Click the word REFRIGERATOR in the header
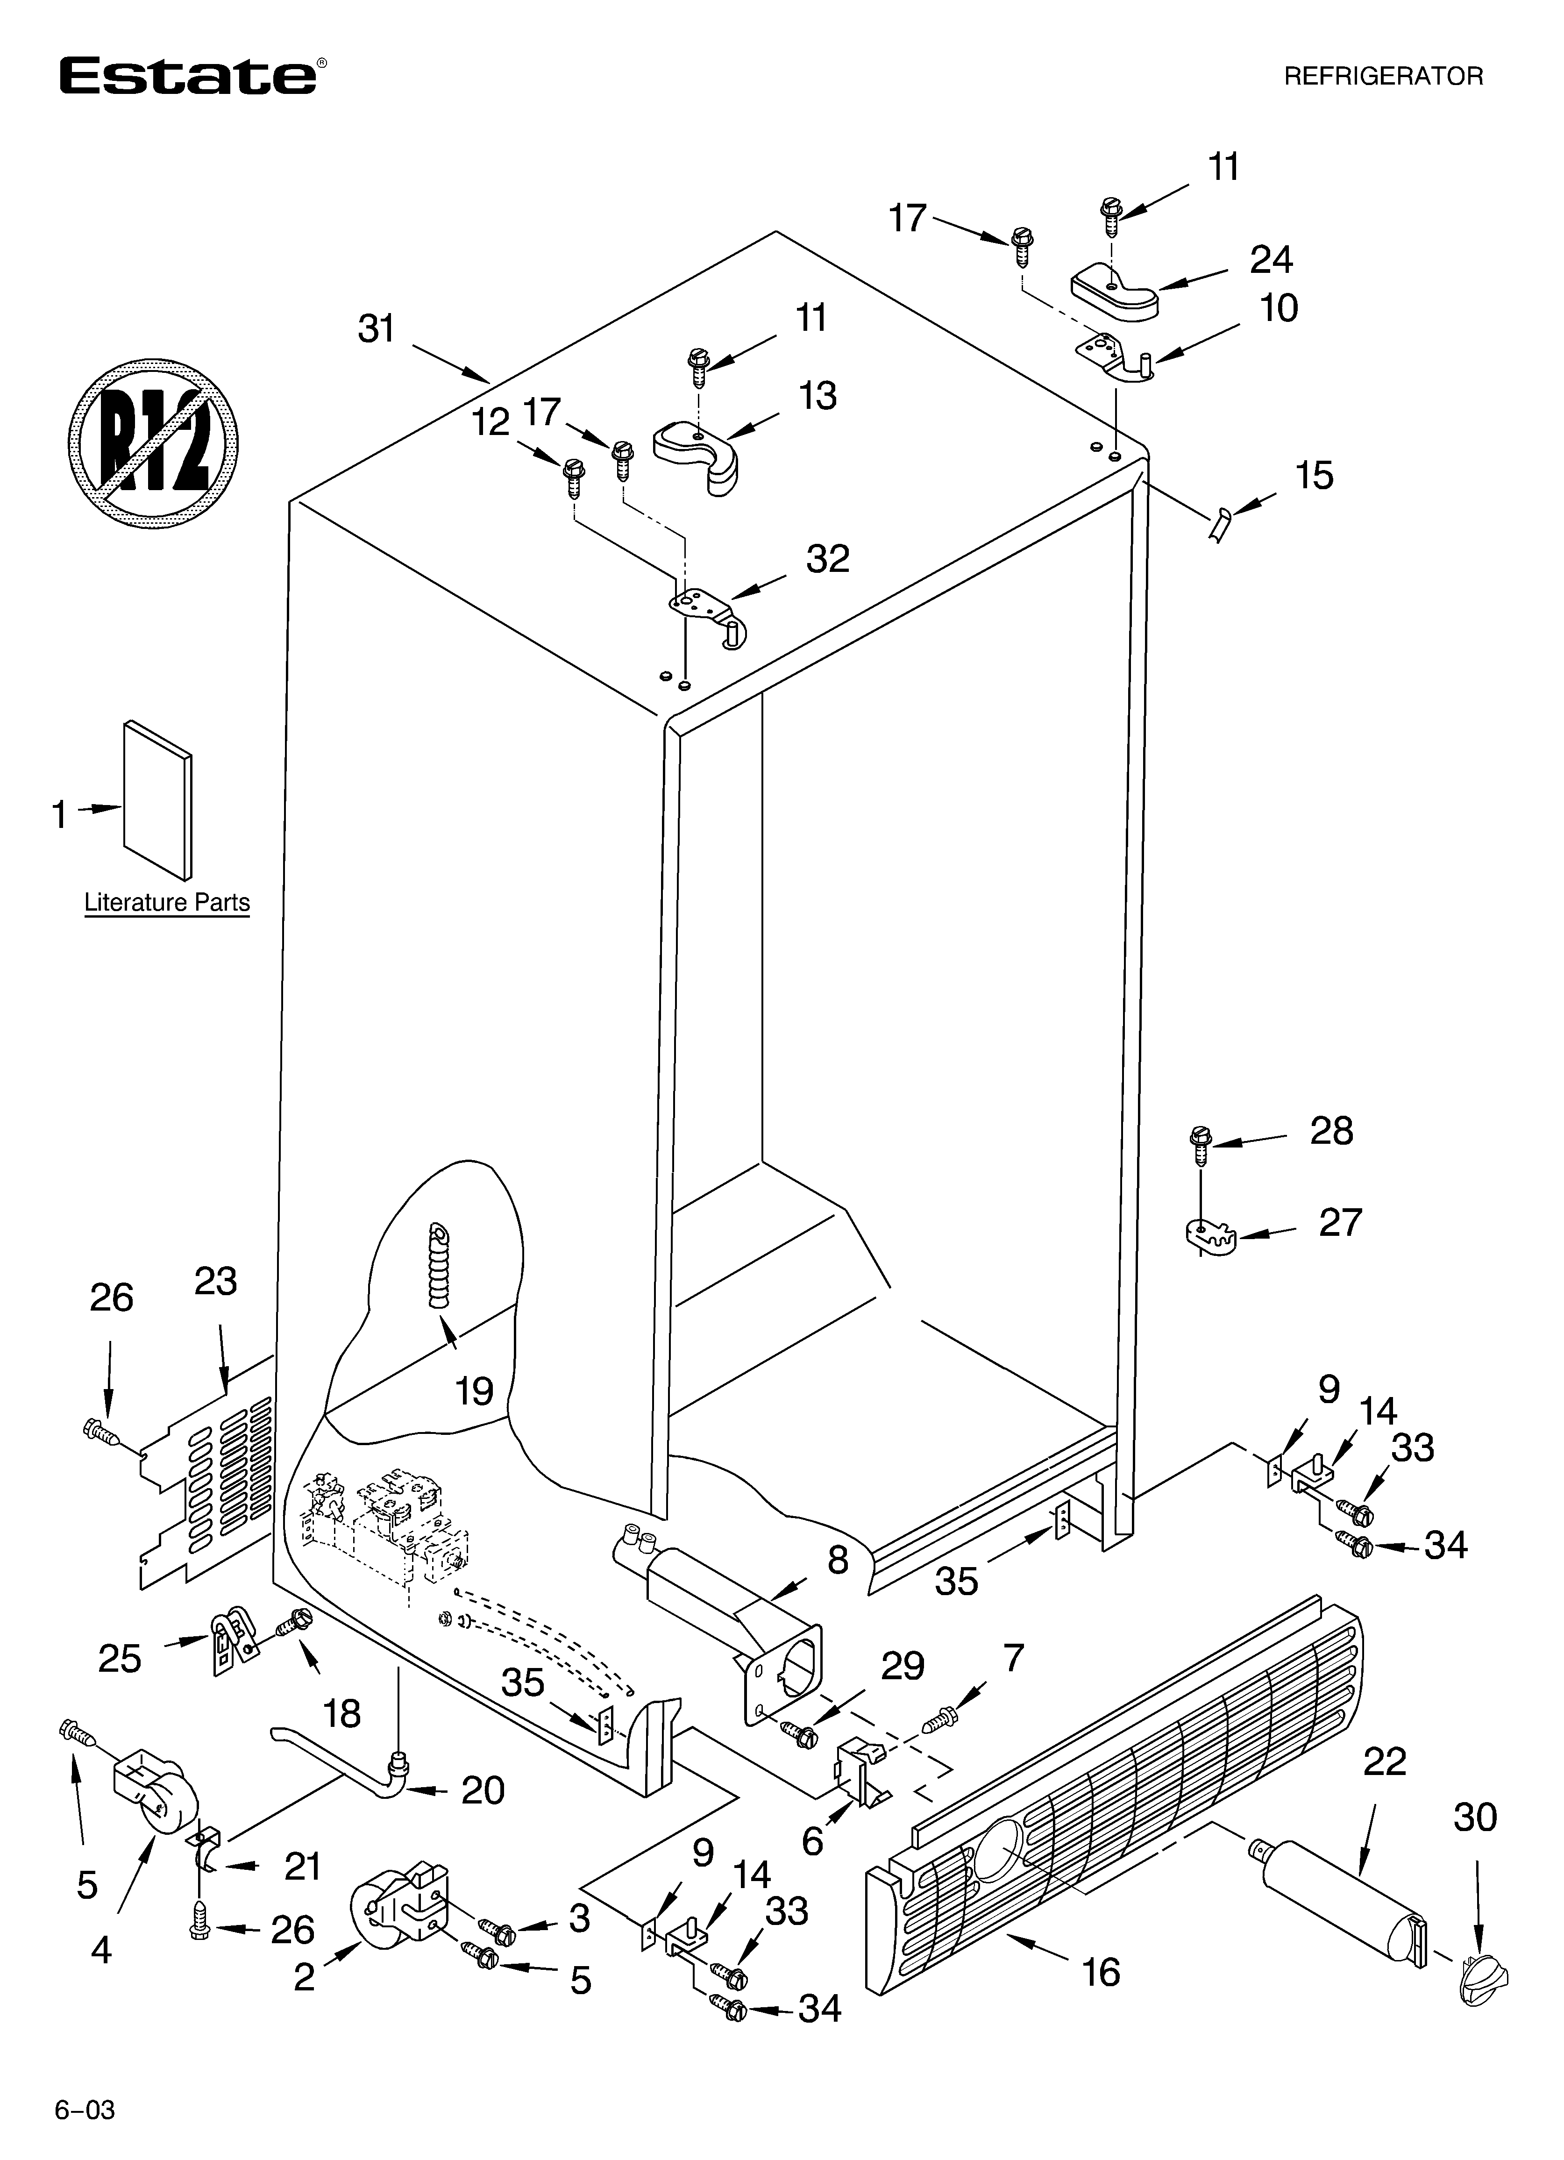(x=1383, y=76)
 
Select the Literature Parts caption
(x=167, y=902)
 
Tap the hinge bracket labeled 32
(x=710, y=610)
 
